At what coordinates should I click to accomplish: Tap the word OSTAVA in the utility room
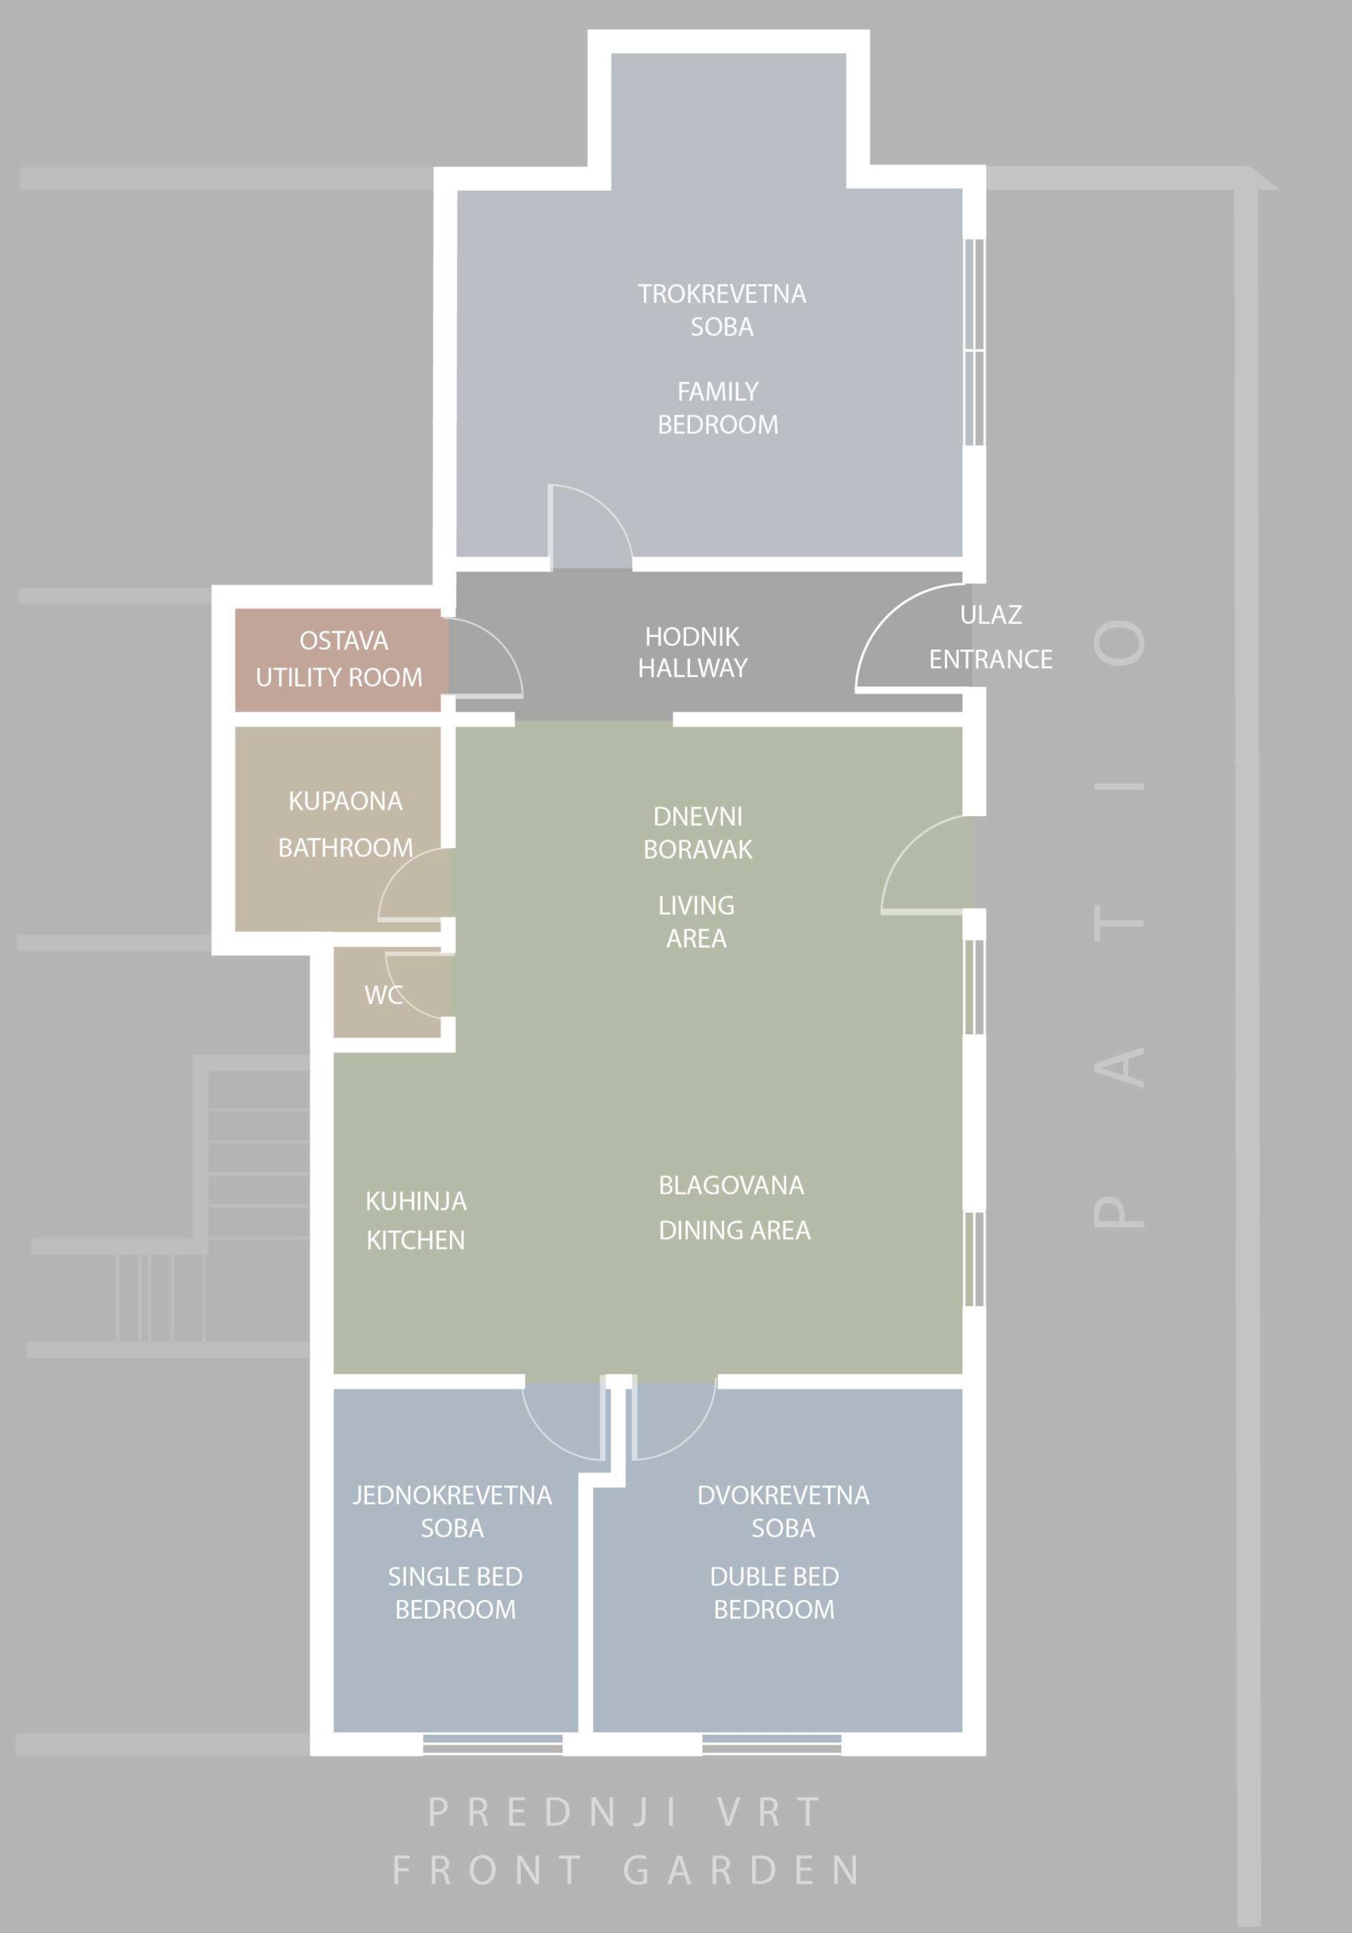pos(343,641)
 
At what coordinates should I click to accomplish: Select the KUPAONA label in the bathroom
pos(345,800)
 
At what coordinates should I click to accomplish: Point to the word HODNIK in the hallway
pos(692,637)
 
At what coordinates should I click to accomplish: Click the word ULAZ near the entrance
pos(991,615)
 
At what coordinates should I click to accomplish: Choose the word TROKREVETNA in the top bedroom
pos(722,294)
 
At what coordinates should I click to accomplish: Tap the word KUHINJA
pos(416,1201)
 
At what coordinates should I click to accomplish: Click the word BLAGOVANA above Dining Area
pos(731,1185)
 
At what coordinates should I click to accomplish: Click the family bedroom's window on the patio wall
pos(974,342)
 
